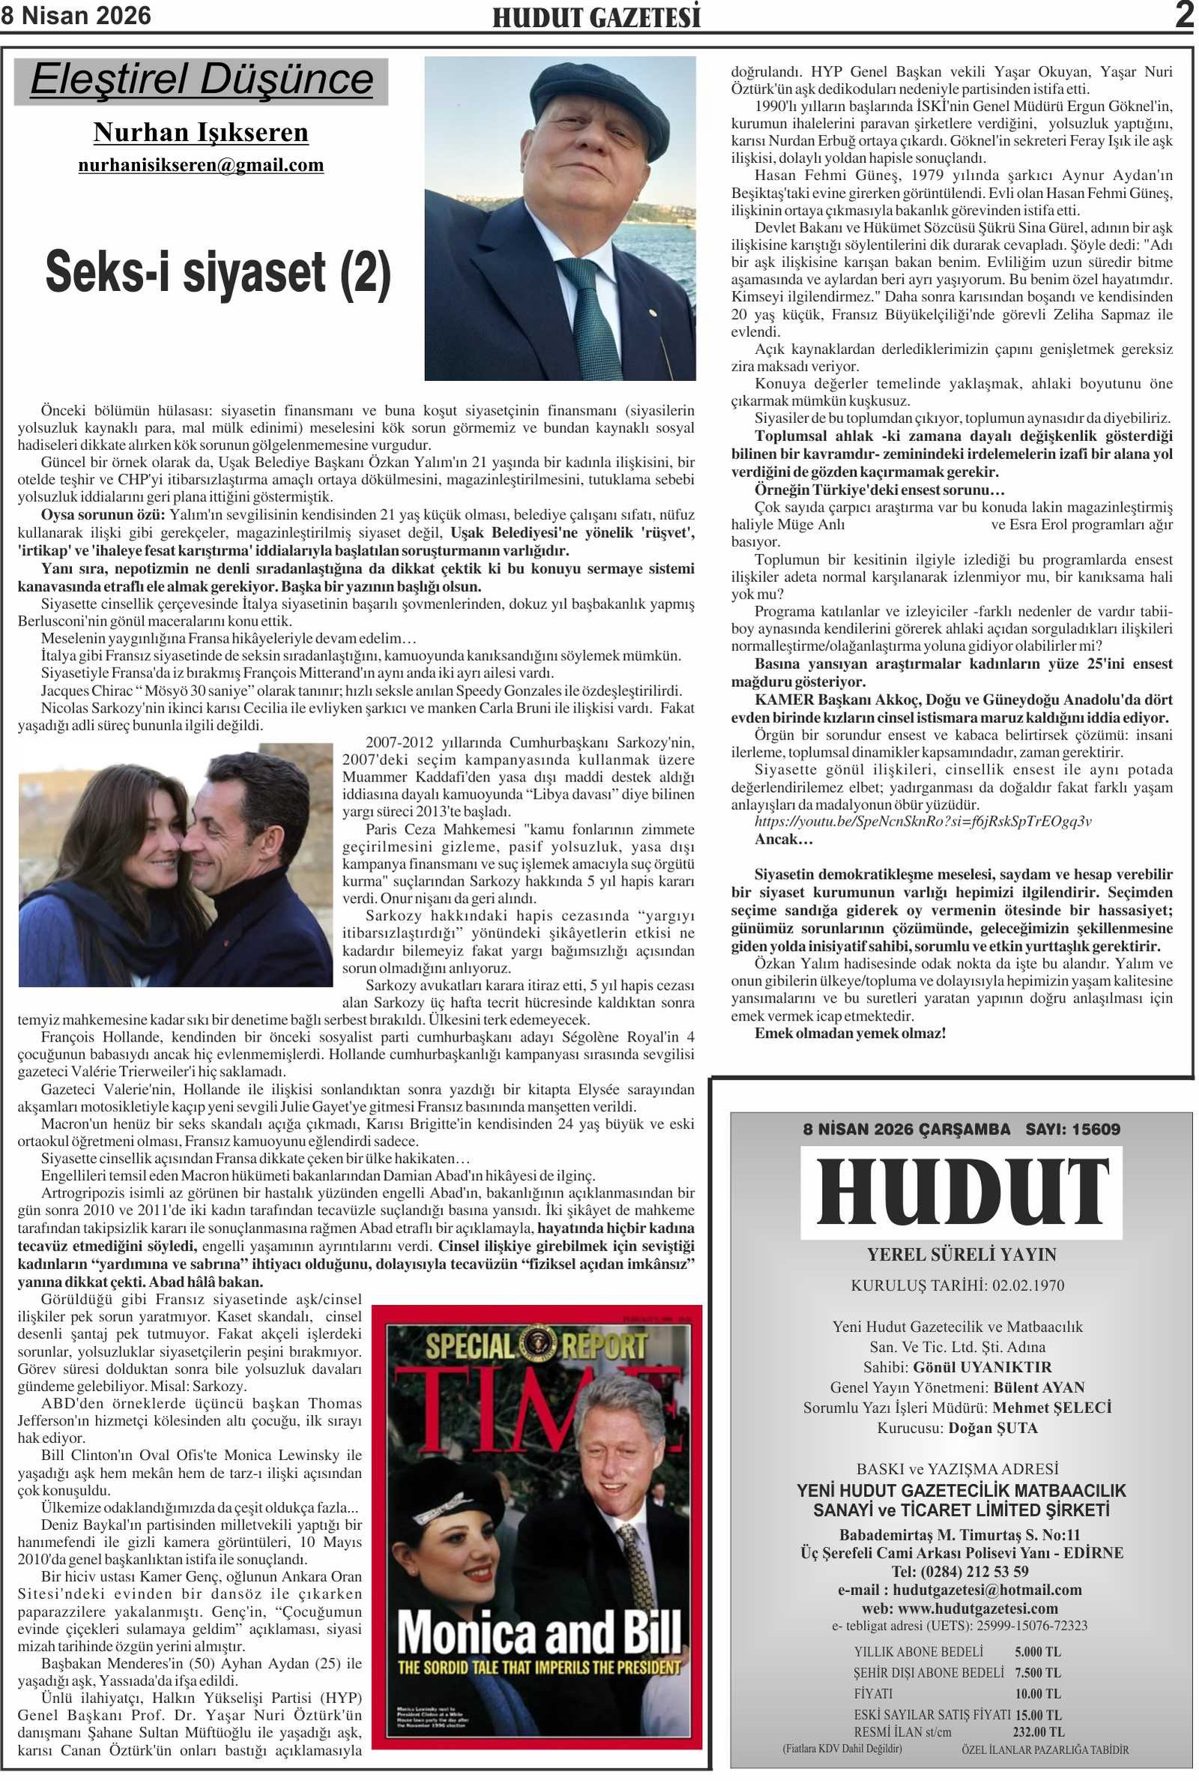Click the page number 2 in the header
click(x=1184, y=15)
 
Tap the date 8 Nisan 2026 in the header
click(x=76, y=15)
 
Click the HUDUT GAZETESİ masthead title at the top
click(x=596, y=17)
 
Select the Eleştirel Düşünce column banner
click(x=201, y=80)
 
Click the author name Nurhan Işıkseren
click(x=200, y=132)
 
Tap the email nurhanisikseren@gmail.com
click(x=200, y=164)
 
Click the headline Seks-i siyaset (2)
click(x=218, y=272)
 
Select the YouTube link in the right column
click(x=922, y=821)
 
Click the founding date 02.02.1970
click(x=1027, y=1285)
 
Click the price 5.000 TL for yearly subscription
click(x=1037, y=1651)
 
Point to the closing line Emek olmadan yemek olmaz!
click(x=850, y=1033)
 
